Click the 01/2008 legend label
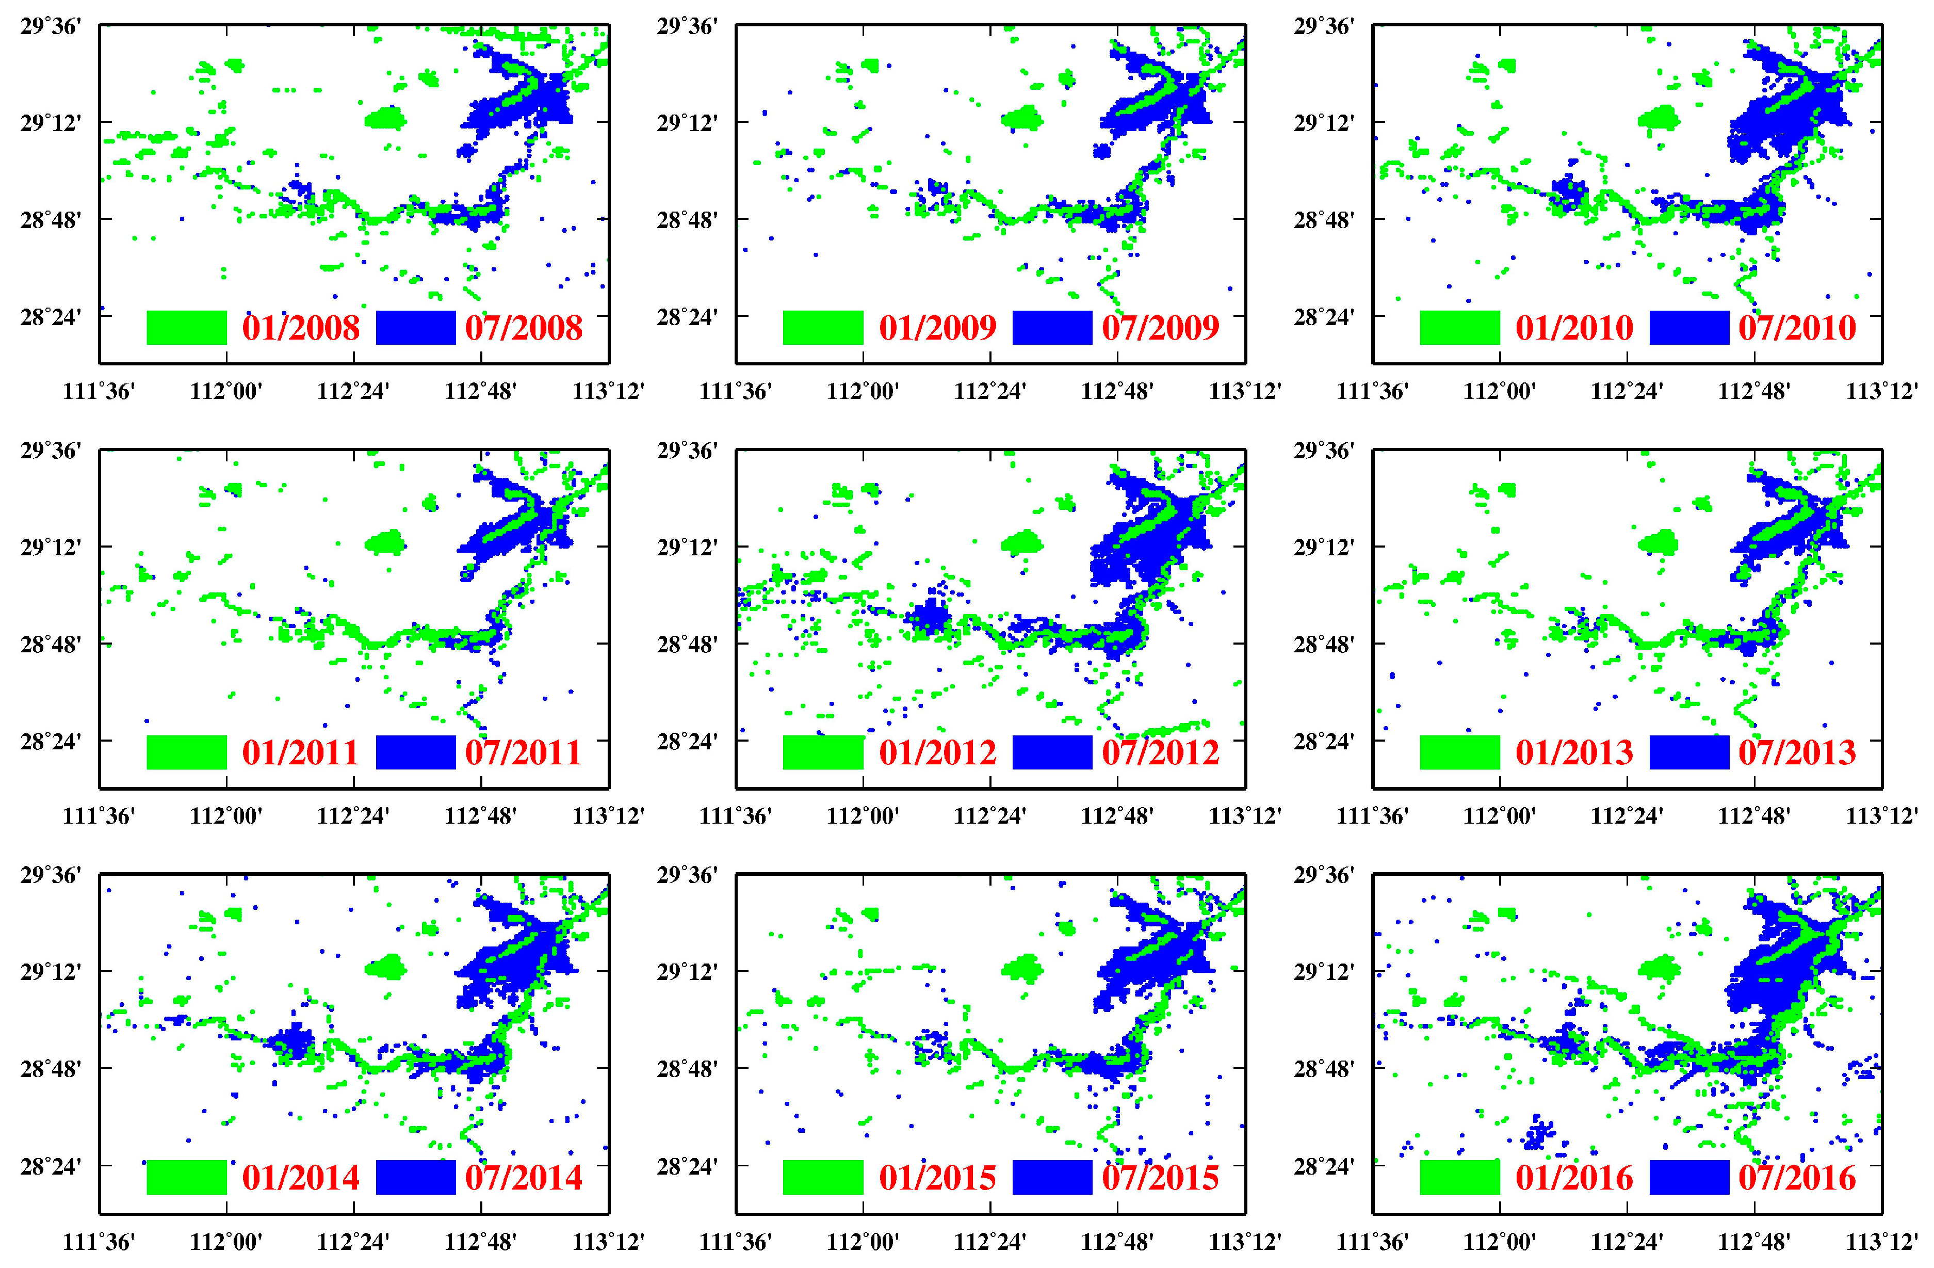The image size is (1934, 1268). click(301, 328)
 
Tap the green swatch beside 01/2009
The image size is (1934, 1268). click(822, 328)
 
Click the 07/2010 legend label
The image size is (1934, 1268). click(1797, 328)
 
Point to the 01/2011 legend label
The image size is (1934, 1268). click(301, 752)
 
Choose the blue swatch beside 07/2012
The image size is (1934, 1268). click(1052, 752)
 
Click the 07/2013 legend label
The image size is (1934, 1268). click(1797, 752)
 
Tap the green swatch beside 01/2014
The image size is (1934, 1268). click(186, 1177)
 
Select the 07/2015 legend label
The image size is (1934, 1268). click(1160, 1178)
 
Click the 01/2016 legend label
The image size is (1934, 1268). click(1574, 1178)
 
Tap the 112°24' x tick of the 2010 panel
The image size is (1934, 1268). click(1626, 392)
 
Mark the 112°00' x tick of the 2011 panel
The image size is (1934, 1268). click(226, 816)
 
